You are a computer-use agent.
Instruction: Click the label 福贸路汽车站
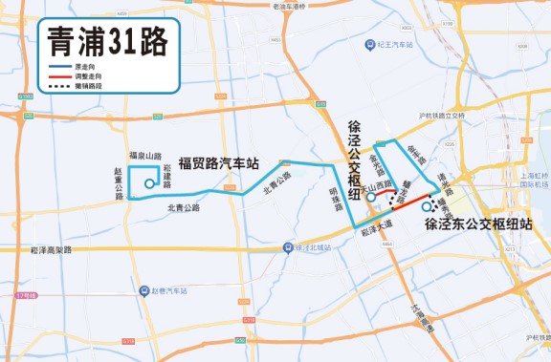click(x=219, y=164)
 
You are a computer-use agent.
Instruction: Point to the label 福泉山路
click(x=145, y=155)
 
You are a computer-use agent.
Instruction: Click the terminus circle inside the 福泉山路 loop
click(x=148, y=184)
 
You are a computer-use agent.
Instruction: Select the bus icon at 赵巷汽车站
click(x=143, y=289)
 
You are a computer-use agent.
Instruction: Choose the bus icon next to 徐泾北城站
click(x=288, y=248)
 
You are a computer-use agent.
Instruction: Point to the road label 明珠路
click(x=336, y=201)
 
